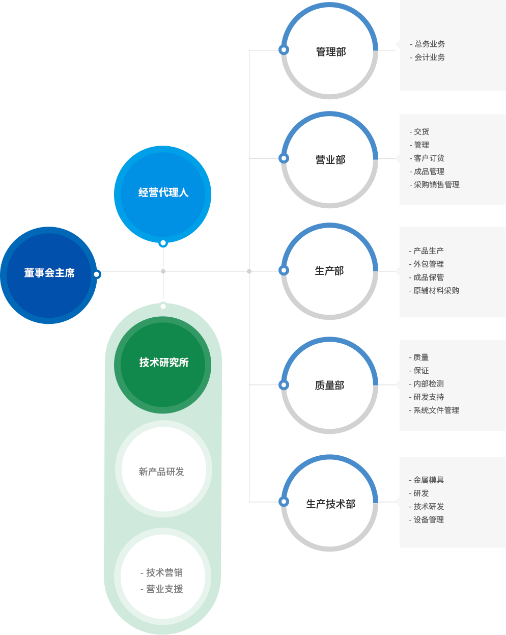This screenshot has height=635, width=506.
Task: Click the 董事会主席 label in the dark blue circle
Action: pyautogui.click(x=49, y=272)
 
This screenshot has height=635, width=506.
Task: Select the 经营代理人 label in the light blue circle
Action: pyautogui.click(x=163, y=192)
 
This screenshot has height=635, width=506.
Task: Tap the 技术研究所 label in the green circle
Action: pyautogui.click(x=164, y=363)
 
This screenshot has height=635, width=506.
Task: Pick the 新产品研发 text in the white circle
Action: pyautogui.click(x=161, y=472)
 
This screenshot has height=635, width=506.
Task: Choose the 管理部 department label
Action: pyautogui.click(x=331, y=51)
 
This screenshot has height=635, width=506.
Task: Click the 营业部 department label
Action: pyautogui.click(x=330, y=160)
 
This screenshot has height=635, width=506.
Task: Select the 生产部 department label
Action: pyautogui.click(x=329, y=270)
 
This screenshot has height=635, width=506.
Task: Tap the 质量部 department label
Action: pyautogui.click(x=329, y=385)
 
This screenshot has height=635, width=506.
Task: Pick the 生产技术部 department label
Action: pyautogui.click(x=331, y=504)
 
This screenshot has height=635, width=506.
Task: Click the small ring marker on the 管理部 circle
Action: pyautogui.click(x=284, y=50)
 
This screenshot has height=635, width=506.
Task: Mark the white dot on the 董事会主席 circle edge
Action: pyautogui.click(x=97, y=274)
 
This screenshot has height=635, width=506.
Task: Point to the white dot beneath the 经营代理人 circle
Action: pyautogui.click(x=163, y=243)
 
